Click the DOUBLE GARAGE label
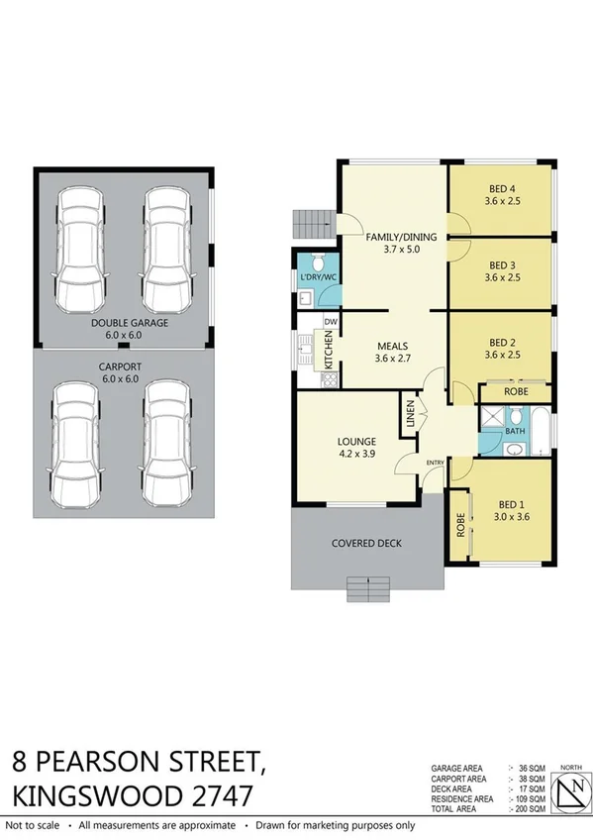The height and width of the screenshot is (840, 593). pyautogui.click(x=130, y=323)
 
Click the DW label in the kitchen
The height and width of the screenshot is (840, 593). pyautogui.click(x=332, y=322)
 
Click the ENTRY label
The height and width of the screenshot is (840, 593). pyautogui.click(x=436, y=463)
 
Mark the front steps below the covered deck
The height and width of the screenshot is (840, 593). pyautogui.click(x=368, y=591)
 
